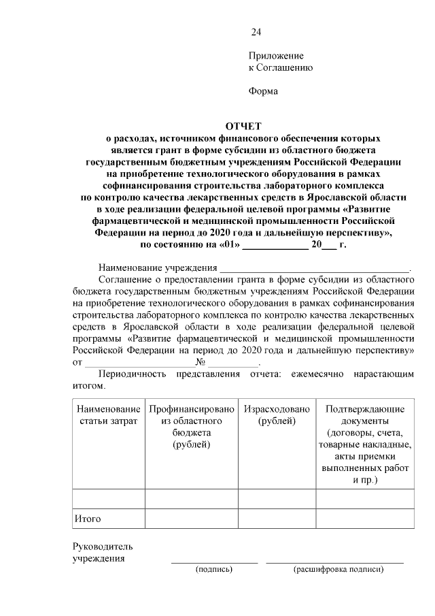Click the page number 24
256,32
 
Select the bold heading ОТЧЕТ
243,125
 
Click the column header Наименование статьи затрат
108,415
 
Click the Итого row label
88,519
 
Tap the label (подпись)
214,568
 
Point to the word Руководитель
103,547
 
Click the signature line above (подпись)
214,562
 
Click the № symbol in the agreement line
201,362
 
